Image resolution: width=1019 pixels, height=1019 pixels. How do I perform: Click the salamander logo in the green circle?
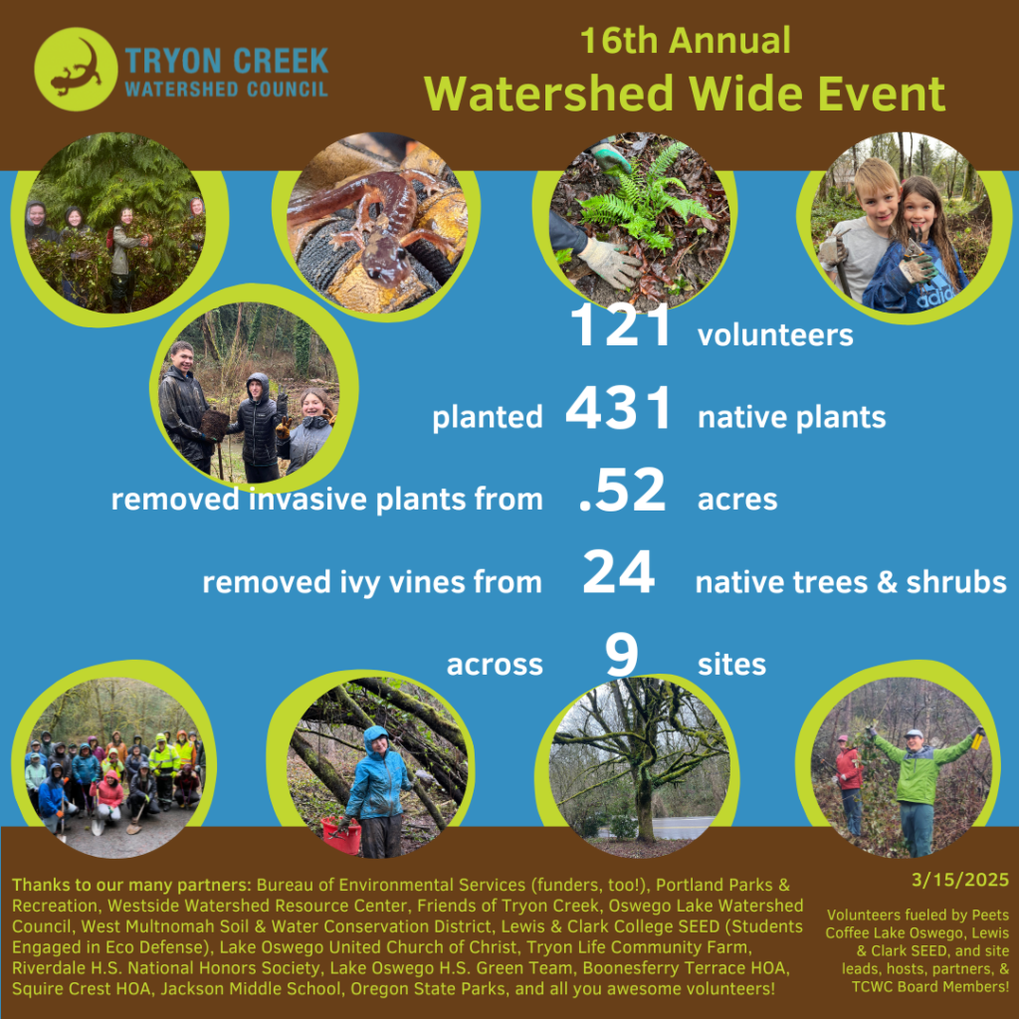point(76,69)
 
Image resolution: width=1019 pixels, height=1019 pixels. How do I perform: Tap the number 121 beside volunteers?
point(620,325)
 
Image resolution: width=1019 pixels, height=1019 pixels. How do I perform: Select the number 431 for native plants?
point(618,408)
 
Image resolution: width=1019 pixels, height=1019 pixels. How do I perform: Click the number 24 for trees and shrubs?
point(618,572)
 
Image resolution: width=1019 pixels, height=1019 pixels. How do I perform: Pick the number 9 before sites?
point(621,655)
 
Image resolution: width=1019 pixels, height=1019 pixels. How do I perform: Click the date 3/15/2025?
point(960,880)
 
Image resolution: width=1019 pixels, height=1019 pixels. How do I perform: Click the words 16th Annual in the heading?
point(685,40)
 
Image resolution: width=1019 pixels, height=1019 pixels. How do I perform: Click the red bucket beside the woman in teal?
point(341,836)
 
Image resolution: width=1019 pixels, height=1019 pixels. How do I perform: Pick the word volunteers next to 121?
point(775,334)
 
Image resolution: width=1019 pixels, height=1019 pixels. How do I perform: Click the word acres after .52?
point(737,500)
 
